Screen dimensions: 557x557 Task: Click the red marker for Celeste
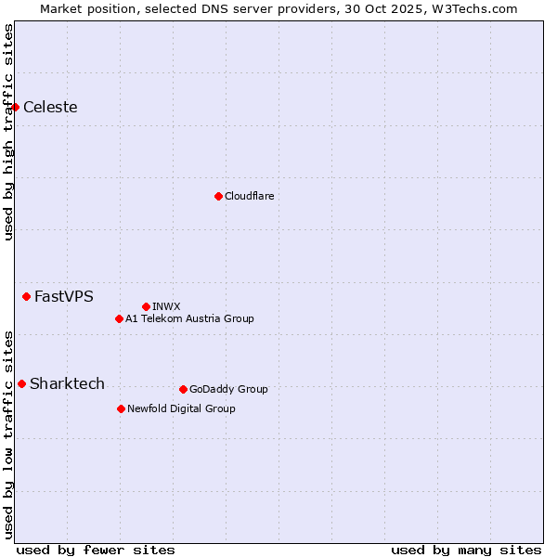(x=15, y=107)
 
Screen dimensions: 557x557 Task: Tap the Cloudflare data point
(x=218, y=196)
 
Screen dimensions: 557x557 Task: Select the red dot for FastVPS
(x=26, y=296)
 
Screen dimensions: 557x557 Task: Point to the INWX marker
(x=146, y=306)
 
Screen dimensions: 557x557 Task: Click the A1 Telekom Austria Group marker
(x=119, y=318)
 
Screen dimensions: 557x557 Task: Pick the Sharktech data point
(x=21, y=383)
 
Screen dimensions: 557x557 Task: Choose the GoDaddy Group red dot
(x=183, y=389)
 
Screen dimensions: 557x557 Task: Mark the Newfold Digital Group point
(x=121, y=408)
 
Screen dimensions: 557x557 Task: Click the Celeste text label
(x=50, y=107)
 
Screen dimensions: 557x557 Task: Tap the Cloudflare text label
(x=249, y=196)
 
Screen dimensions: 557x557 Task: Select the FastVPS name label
(x=63, y=296)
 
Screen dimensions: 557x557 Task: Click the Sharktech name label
(x=67, y=383)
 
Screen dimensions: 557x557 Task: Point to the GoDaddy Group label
(x=228, y=389)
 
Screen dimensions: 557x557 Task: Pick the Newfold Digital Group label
(x=181, y=408)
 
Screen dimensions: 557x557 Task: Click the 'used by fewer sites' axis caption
(x=96, y=550)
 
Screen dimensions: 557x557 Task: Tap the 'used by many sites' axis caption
(x=466, y=550)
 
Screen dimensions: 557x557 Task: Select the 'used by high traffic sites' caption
(x=8, y=132)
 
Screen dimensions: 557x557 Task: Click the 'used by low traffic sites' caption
(x=8, y=434)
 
